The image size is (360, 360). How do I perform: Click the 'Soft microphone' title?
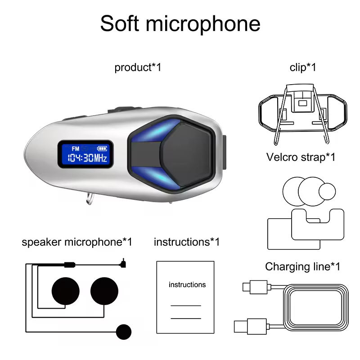pyautogui.click(x=180, y=23)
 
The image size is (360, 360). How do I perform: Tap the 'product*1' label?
pyautogui.click(x=138, y=67)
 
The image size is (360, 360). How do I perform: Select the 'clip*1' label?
pyautogui.click(x=303, y=67)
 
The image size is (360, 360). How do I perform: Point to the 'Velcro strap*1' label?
pyautogui.click(x=301, y=157)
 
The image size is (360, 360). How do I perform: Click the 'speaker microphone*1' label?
pyautogui.click(x=77, y=242)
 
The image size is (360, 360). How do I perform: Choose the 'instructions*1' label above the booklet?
pyautogui.click(x=187, y=242)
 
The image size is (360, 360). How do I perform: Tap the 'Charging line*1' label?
pyautogui.click(x=302, y=266)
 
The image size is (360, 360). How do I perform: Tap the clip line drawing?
pyautogui.click(x=302, y=110)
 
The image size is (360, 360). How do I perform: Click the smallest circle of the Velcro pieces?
pyautogui.click(x=327, y=191)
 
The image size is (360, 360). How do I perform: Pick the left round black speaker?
pyautogui.click(x=66, y=291)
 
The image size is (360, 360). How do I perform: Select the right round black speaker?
pyautogui.click(x=104, y=291)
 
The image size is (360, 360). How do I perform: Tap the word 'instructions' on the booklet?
pyautogui.click(x=187, y=285)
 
